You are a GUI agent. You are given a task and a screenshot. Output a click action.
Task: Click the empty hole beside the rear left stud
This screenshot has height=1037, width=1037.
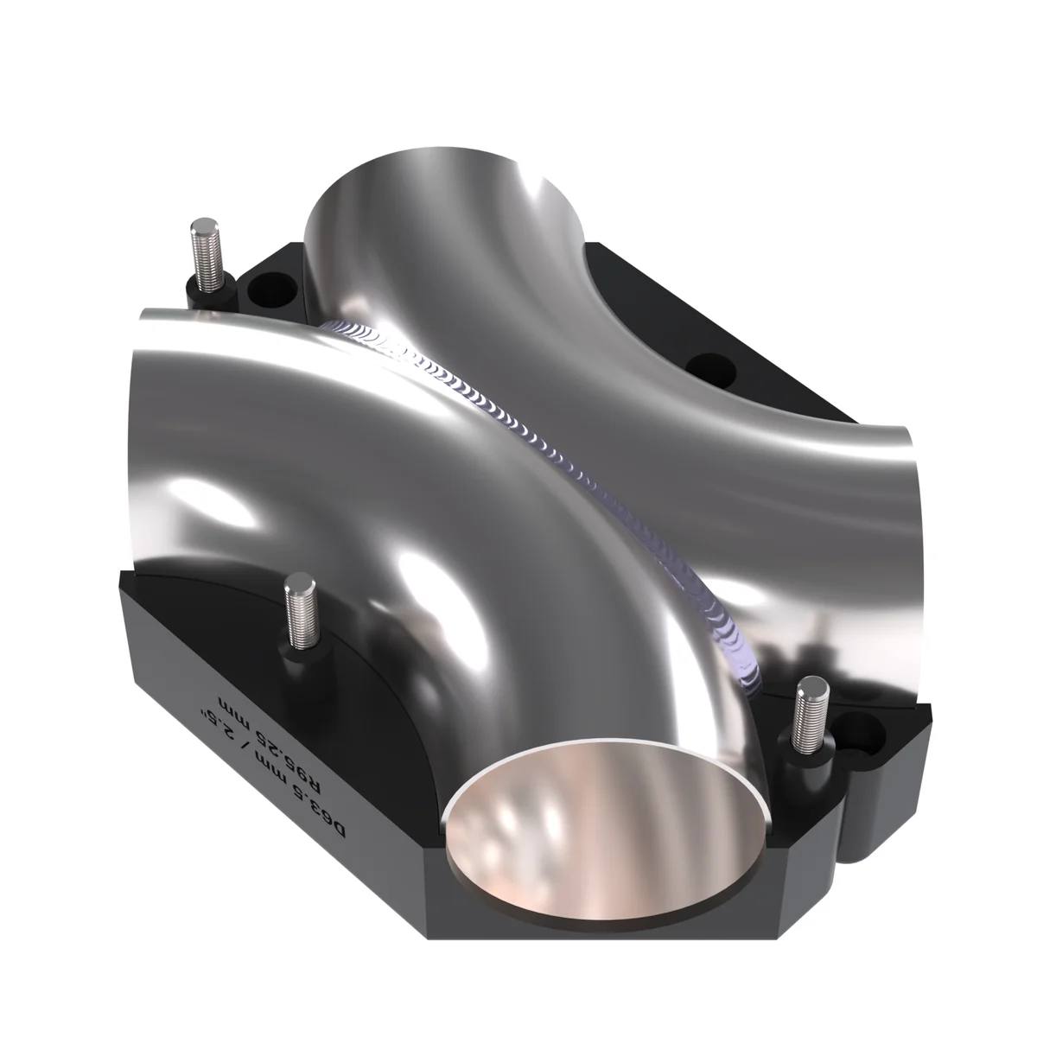tap(271, 289)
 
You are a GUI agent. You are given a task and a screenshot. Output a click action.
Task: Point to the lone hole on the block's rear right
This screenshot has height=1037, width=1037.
tap(711, 369)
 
